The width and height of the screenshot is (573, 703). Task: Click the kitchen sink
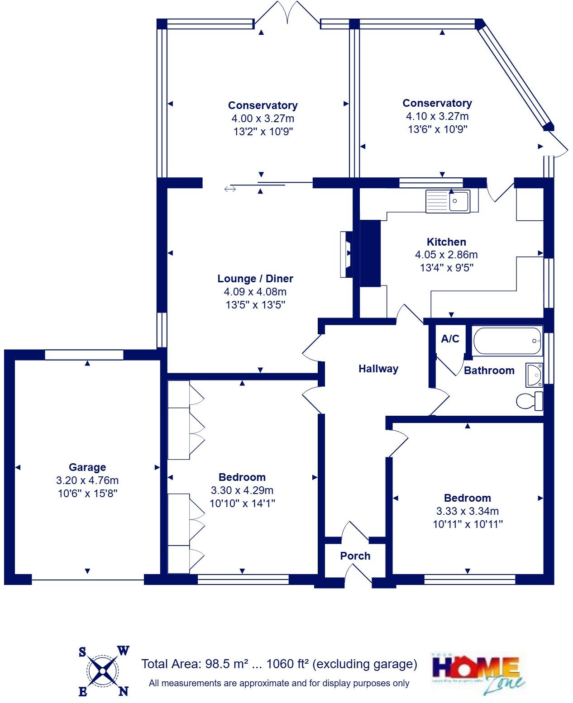(x=448, y=201)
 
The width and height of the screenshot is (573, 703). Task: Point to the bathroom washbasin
(x=535, y=375)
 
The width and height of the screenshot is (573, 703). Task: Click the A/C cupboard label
(x=450, y=339)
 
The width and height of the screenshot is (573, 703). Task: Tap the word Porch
(x=355, y=556)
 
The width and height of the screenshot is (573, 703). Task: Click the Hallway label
(x=378, y=369)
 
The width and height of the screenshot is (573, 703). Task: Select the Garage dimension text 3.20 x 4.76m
(x=87, y=480)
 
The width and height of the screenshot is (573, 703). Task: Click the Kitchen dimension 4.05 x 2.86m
(x=446, y=255)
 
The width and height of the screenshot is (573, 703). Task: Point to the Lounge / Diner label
(x=255, y=279)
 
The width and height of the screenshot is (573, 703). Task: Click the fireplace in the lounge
(x=346, y=254)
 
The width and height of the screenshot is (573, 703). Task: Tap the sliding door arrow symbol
(x=230, y=189)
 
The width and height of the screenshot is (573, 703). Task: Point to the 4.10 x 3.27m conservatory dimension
(x=437, y=116)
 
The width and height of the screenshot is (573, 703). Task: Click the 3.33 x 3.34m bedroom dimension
(x=468, y=511)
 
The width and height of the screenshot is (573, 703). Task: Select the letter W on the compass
(x=124, y=651)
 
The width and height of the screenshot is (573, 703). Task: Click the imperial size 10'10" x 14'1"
(x=242, y=503)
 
